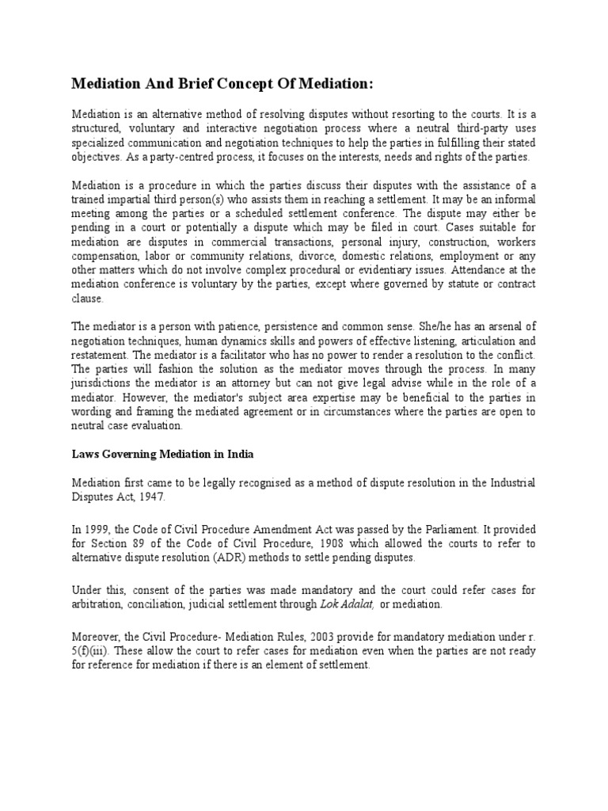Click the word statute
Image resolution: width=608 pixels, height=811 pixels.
pos(437,284)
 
